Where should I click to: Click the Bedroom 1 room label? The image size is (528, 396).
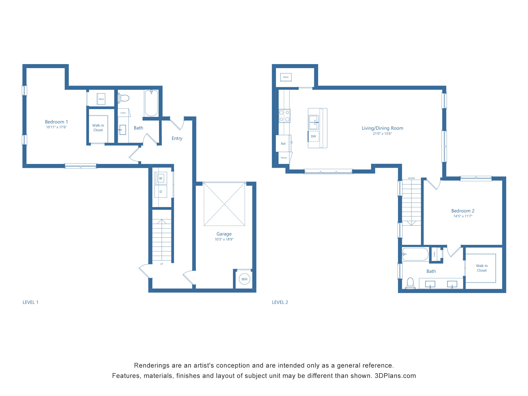pos(56,122)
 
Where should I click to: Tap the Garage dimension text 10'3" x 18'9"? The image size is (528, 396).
pos(224,239)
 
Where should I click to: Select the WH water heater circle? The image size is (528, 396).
pos(244,279)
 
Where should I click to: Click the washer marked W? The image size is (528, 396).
pos(161,178)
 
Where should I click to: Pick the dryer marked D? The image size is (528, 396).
pos(161,192)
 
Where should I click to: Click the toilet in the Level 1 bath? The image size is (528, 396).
pos(124,98)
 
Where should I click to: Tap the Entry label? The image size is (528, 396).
pos(177,138)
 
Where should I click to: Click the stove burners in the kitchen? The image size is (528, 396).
pos(284,116)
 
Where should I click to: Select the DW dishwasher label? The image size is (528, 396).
pos(313,136)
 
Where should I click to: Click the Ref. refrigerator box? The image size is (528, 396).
pos(283,144)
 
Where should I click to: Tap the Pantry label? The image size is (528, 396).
pos(284,158)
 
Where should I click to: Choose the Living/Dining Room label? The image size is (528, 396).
pos(382,128)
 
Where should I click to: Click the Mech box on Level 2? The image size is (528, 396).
pos(286,77)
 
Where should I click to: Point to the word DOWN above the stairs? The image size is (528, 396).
pos(411,178)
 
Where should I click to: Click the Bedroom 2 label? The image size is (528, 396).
pos(463,211)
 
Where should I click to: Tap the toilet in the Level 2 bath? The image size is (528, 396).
pos(410,283)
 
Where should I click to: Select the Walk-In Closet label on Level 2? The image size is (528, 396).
pos(482,268)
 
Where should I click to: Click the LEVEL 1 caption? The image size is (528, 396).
pos(31,302)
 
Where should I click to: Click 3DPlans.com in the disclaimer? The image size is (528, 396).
pos(395,376)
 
